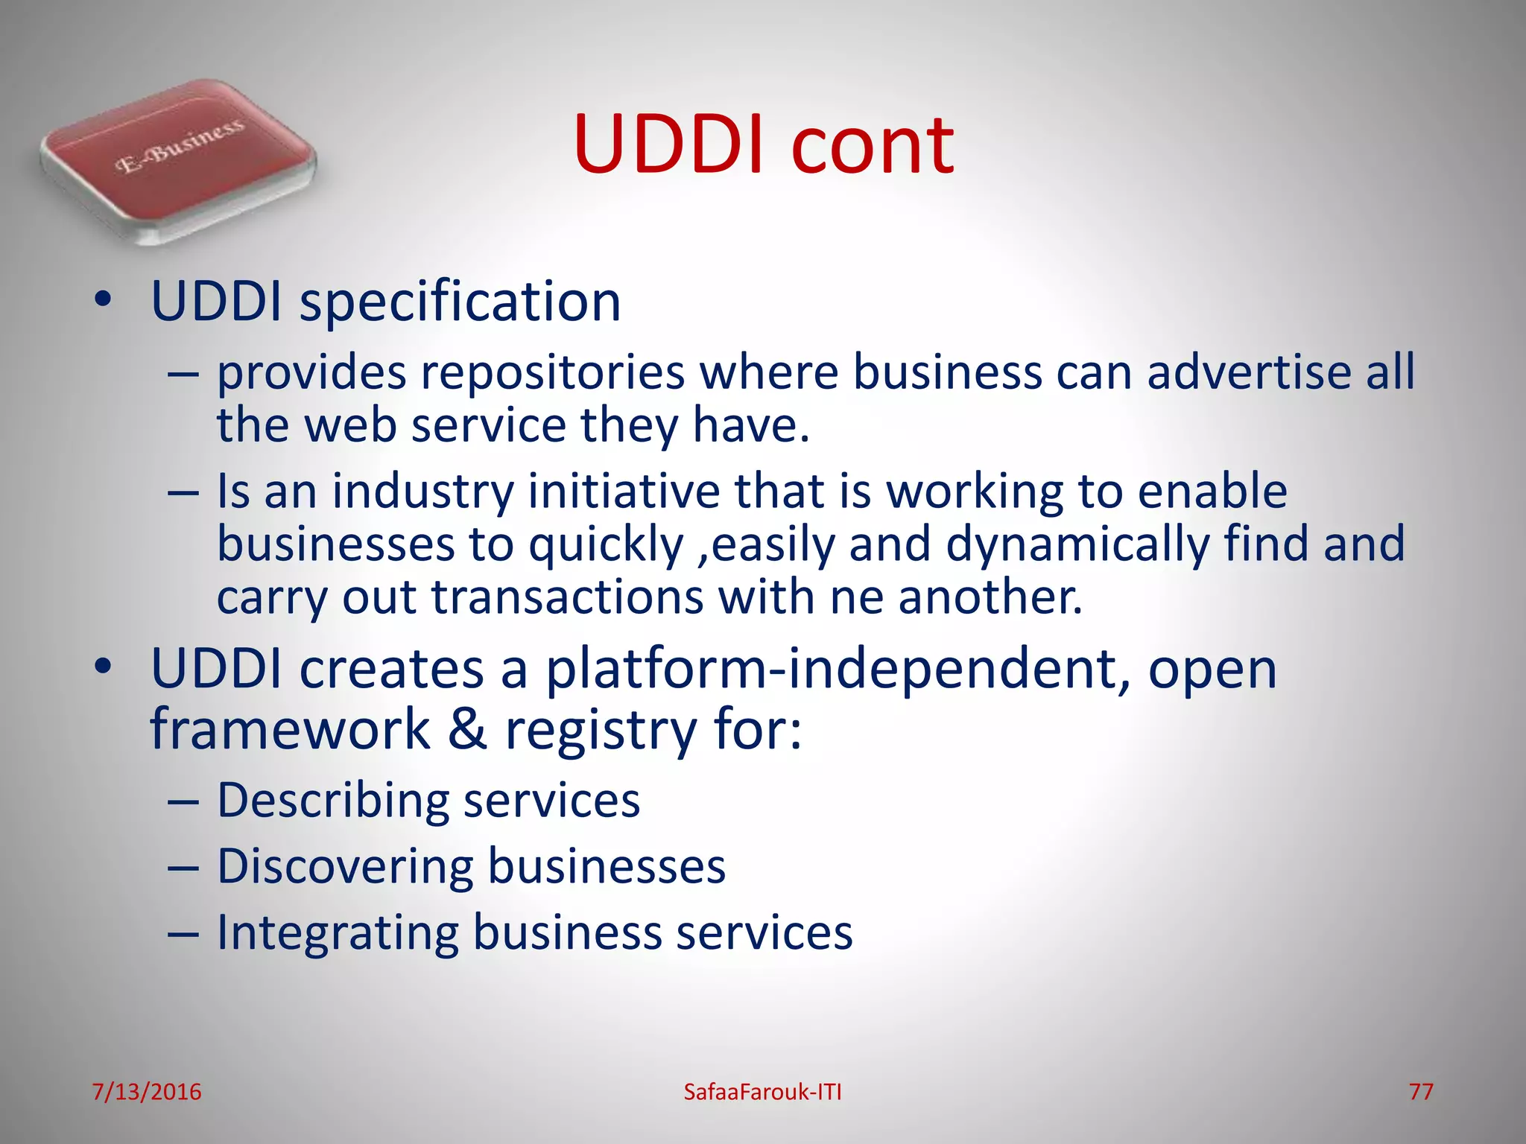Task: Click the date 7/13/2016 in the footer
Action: (147, 1092)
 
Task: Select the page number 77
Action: (1420, 1092)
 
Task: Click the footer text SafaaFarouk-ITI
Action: (762, 1092)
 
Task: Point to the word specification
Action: (460, 303)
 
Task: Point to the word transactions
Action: (567, 597)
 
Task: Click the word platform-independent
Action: (838, 670)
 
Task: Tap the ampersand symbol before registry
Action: (467, 729)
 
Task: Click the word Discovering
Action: (345, 868)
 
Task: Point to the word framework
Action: (290, 729)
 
